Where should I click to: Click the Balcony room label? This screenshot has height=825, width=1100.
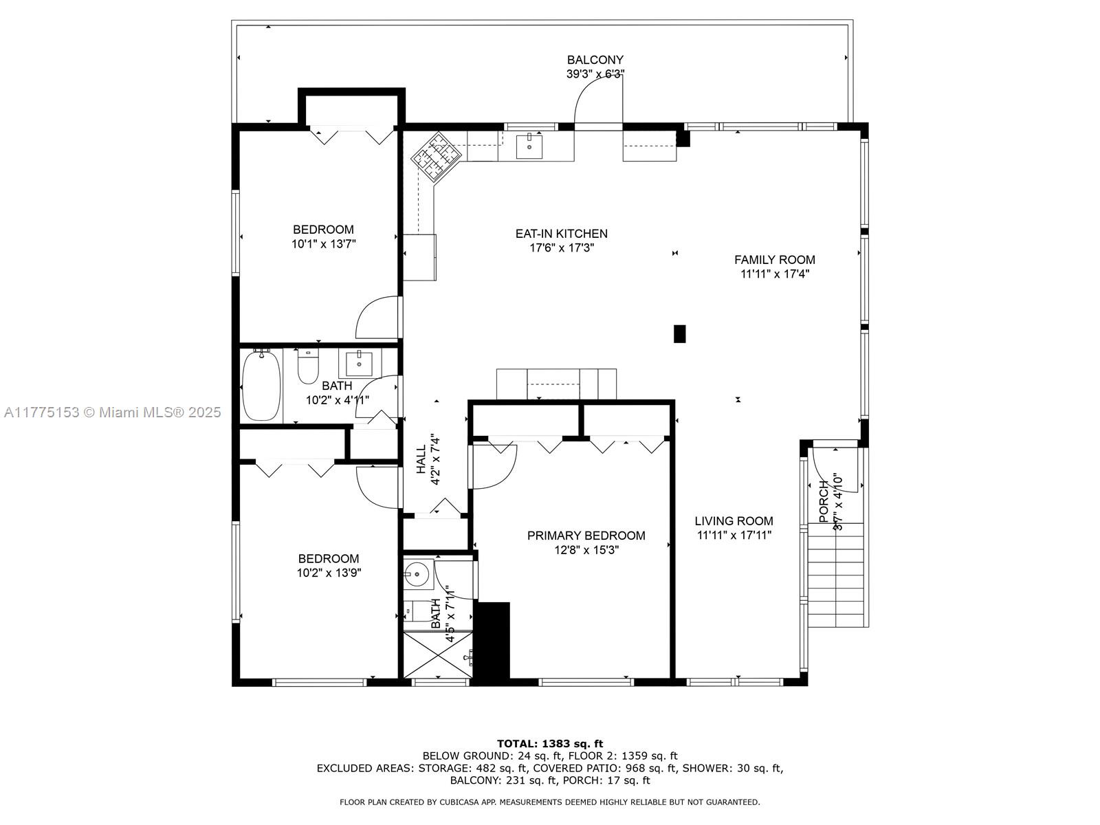[595, 60]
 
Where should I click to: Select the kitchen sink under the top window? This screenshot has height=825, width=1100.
[529, 146]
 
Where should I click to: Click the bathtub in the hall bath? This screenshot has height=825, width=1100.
[262, 385]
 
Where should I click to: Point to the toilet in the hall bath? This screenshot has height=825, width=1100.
[308, 367]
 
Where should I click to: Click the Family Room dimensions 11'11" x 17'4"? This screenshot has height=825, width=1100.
[774, 274]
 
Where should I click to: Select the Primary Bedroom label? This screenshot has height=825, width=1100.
[586, 536]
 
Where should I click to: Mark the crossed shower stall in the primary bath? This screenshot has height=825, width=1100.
[436, 655]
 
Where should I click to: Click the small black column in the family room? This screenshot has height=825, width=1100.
[679, 333]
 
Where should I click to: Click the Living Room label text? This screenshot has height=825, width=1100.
[734, 521]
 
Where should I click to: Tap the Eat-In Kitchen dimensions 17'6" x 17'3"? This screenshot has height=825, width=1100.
[561, 247]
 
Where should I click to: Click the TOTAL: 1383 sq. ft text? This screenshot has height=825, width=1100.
[549, 743]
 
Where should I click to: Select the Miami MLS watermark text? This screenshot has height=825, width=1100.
[112, 412]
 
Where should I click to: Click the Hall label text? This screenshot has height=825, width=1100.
[421, 459]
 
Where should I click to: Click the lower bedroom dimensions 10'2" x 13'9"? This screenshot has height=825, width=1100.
[329, 573]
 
